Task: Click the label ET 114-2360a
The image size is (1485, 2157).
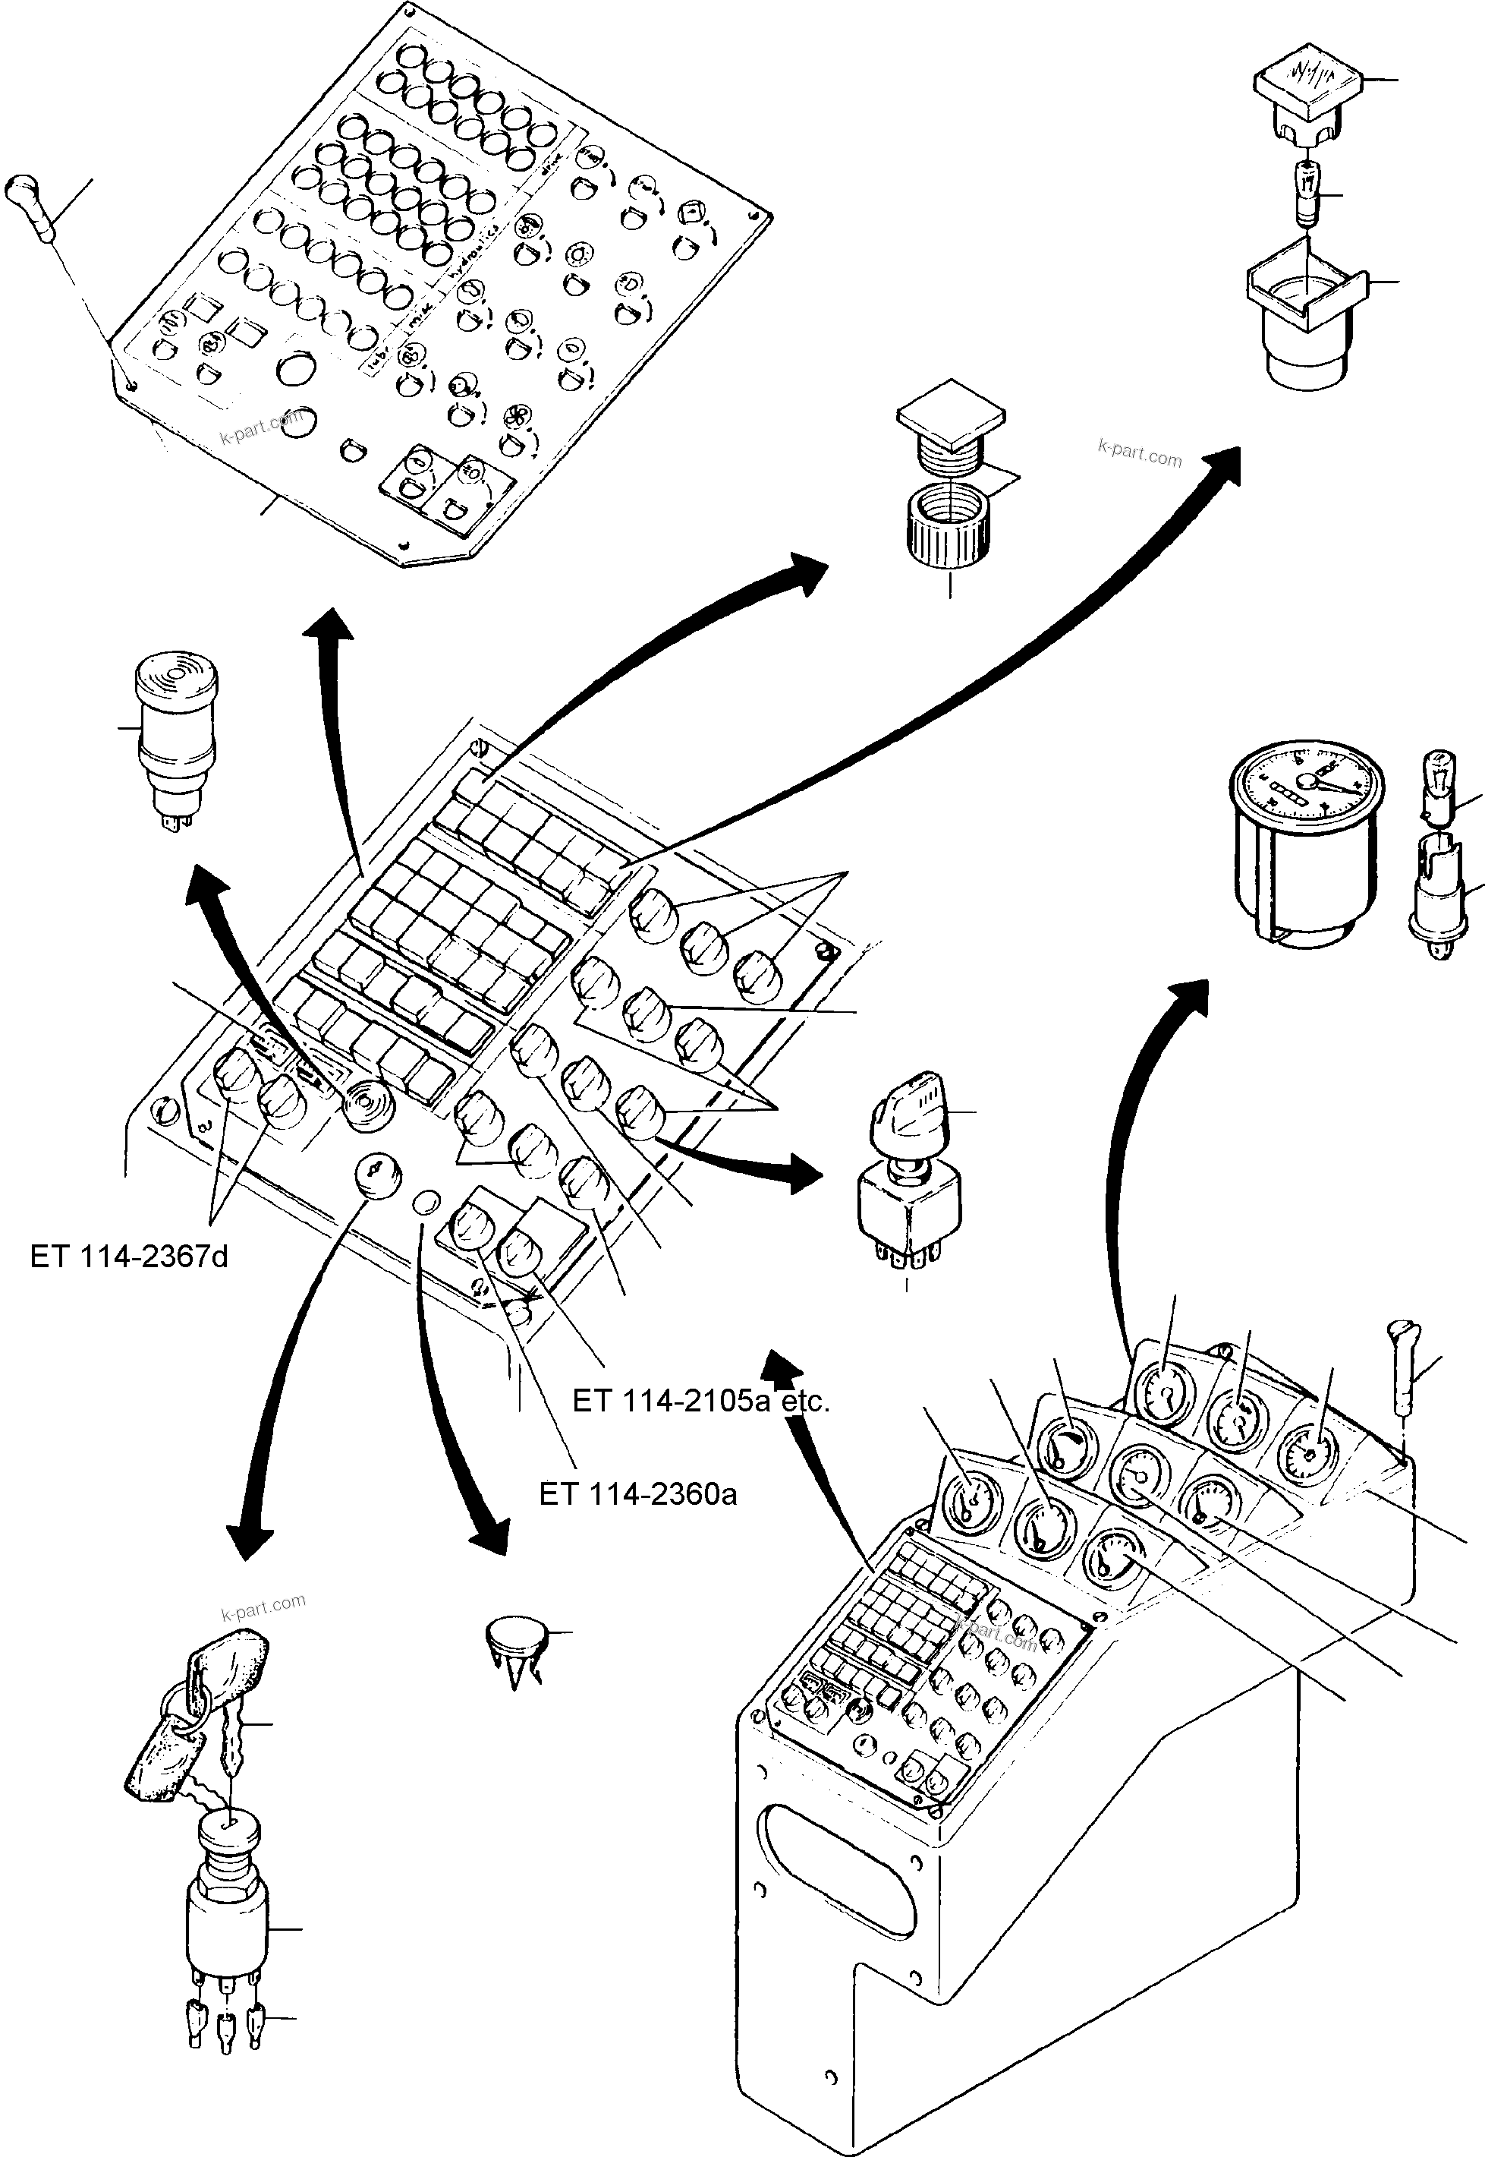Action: (637, 1494)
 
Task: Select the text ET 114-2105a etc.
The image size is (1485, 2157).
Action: (700, 1401)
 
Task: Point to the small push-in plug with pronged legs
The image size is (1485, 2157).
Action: (514, 1651)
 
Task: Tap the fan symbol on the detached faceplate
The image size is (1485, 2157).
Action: (514, 417)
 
